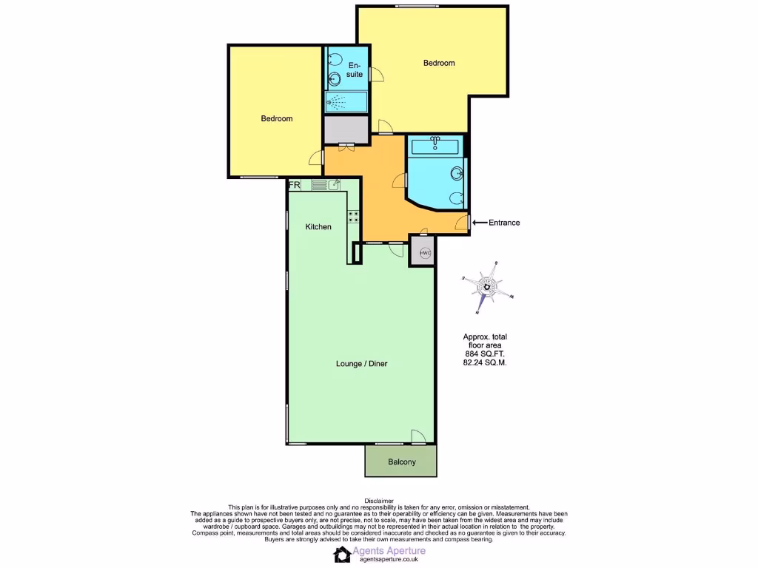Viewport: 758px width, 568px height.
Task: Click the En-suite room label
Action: [x=355, y=70]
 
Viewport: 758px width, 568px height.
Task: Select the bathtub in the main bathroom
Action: [x=436, y=146]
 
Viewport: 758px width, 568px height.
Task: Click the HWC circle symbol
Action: [x=425, y=253]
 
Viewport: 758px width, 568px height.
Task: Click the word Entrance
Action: [x=504, y=223]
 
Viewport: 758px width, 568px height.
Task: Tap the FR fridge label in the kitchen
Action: [x=294, y=185]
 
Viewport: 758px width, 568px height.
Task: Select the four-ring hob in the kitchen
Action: [x=354, y=217]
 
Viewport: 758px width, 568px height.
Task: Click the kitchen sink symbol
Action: [x=334, y=185]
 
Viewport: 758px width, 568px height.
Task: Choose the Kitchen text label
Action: [x=318, y=227]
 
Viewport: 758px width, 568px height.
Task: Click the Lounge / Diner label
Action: [x=362, y=363]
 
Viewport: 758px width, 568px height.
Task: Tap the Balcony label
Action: [x=402, y=462]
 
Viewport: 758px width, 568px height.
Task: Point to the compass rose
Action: [x=488, y=287]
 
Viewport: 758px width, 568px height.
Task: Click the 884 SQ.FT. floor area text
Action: [x=484, y=354]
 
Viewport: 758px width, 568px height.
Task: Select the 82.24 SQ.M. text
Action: [x=484, y=363]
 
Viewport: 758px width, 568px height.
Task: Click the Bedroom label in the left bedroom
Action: [x=276, y=119]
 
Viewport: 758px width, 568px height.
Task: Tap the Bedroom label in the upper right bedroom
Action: [x=439, y=64]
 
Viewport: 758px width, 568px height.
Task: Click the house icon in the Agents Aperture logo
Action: [x=342, y=555]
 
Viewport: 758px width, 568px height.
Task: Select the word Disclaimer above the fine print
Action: [x=379, y=501]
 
